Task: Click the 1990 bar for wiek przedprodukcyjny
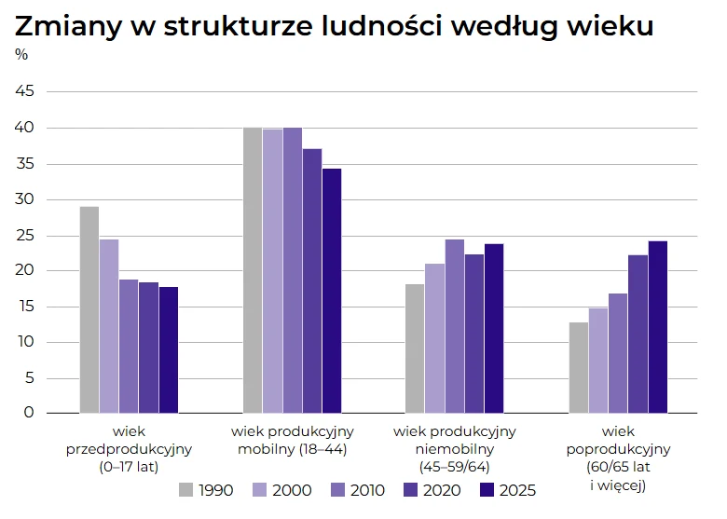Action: coord(89,309)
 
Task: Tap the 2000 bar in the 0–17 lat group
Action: coord(109,326)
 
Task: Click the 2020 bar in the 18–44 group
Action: coord(312,280)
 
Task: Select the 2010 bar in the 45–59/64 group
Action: coord(454,326)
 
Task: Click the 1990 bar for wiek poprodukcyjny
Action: coord(579,367)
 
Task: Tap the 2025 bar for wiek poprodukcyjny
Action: coord(657,327)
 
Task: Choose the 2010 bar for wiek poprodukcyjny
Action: coord(618,353)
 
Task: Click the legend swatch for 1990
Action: coord(186,489)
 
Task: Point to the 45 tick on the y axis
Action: coord(24,91)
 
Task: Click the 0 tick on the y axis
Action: coord(29,413)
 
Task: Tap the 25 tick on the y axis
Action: coord(24,235)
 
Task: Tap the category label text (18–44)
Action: coord(324,449)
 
